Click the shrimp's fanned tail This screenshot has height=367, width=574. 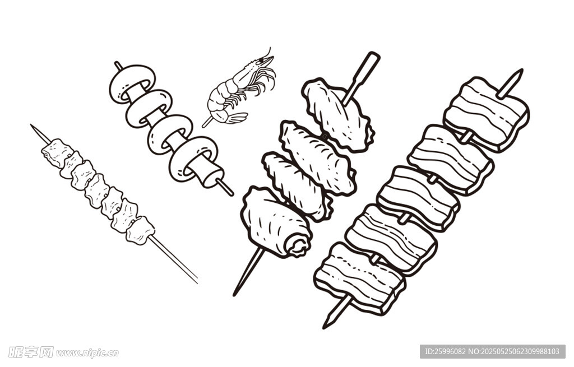(236, 118)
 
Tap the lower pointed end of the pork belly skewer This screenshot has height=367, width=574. (325, 326)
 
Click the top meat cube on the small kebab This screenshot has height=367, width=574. (57, 152)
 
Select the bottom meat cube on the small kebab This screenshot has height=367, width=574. (140, 230)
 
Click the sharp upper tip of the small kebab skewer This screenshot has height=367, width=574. (31, 125)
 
